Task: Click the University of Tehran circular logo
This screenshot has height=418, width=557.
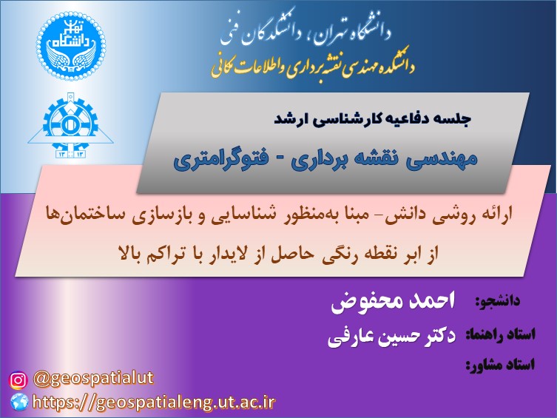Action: pos(71,46)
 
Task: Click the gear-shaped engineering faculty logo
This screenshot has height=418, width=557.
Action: pos(71,125)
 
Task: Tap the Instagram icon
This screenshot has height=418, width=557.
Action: pos(18,380)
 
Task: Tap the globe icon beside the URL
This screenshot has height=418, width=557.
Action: pos(18,402)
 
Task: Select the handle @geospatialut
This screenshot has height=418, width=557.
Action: pos(93,379)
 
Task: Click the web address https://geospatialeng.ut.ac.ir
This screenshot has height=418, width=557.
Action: pos(153,402)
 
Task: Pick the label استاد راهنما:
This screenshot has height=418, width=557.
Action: pos(500,334)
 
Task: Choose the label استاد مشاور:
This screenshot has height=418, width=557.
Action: pos(500,365)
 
